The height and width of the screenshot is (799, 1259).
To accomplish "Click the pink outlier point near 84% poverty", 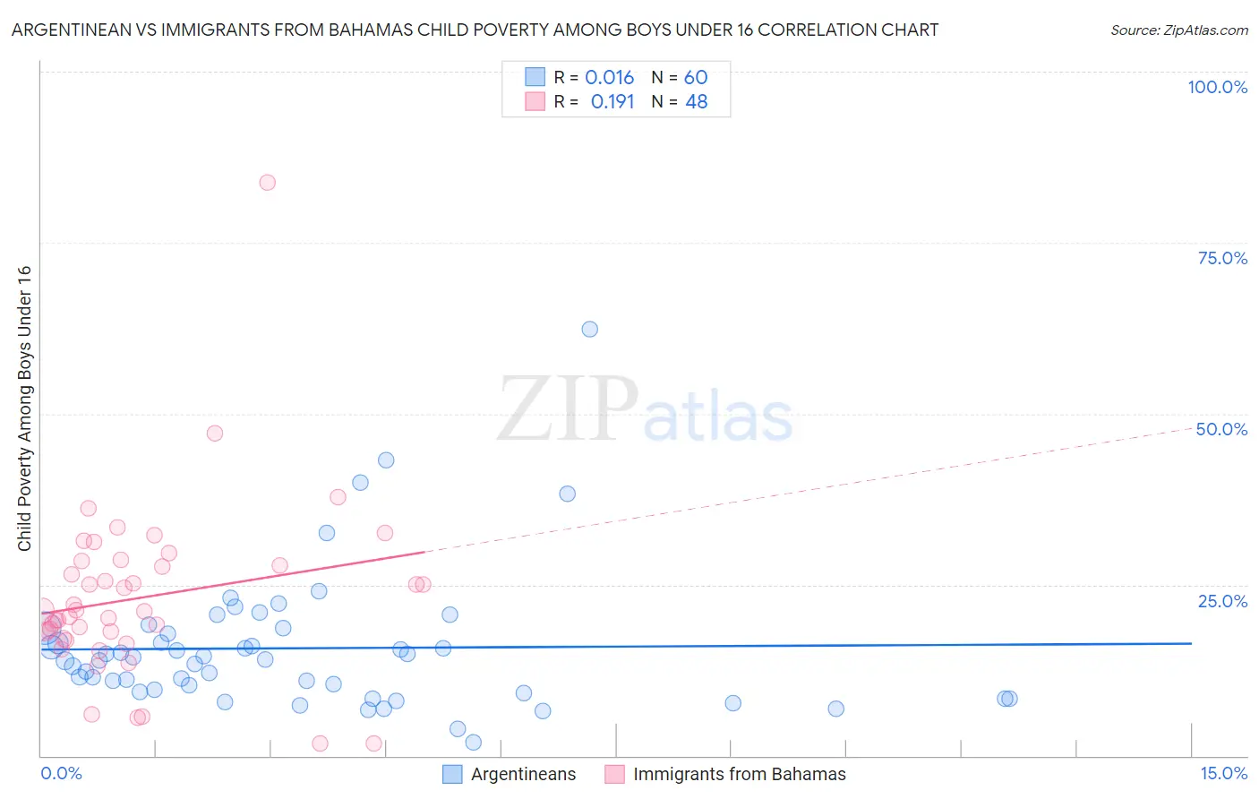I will coord(267,183).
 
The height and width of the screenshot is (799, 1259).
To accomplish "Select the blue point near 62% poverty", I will coord(589,330).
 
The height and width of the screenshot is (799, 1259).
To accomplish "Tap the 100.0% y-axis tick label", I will coord(1217,87).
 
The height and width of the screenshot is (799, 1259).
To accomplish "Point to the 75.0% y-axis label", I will coord(1222,258).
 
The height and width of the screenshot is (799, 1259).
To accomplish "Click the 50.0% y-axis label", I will coord(1221,429).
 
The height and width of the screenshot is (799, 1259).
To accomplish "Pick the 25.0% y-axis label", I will coord(1222,601).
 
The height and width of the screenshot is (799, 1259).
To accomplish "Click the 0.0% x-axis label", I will coord(61,773).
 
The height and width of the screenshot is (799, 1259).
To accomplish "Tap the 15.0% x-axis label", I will coord(1223,773).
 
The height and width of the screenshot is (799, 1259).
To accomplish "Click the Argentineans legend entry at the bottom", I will coord(523,775).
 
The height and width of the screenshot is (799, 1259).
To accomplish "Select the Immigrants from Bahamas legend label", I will coord(739,775).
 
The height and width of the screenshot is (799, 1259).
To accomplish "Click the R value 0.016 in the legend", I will coord(609,78).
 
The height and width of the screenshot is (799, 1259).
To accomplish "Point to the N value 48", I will coord(696,102).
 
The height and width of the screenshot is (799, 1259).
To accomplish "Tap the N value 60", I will coord(696,78).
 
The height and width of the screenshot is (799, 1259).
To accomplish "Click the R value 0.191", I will coord(612,102).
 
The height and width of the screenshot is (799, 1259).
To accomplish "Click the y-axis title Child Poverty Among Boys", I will coord(24,408).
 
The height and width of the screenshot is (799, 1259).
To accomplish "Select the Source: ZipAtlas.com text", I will coord(1178,30).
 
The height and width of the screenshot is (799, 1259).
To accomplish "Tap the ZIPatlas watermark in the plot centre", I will coord(645,410).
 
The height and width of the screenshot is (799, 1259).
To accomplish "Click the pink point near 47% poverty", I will coord(214,434).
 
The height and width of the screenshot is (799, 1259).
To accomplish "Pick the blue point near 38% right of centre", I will coord(567,494).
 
